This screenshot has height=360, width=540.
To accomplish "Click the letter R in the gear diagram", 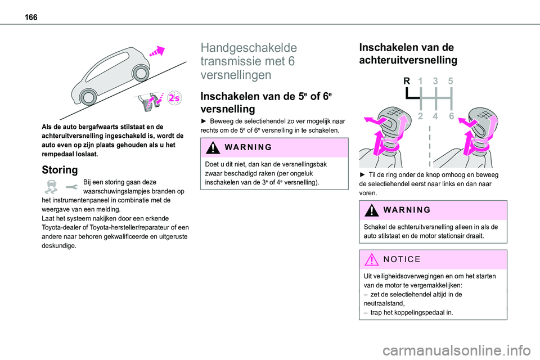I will [x=407, y=82].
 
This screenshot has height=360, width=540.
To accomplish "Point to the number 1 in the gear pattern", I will [x=420, y=82].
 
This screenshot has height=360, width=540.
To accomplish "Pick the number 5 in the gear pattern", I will [x=451, y=82].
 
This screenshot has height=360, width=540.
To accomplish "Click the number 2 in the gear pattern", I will [x=420, y=116].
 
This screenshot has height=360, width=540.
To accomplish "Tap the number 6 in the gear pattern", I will [x=451, y=116].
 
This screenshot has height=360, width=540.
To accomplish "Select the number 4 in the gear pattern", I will [x=435, y=116].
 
